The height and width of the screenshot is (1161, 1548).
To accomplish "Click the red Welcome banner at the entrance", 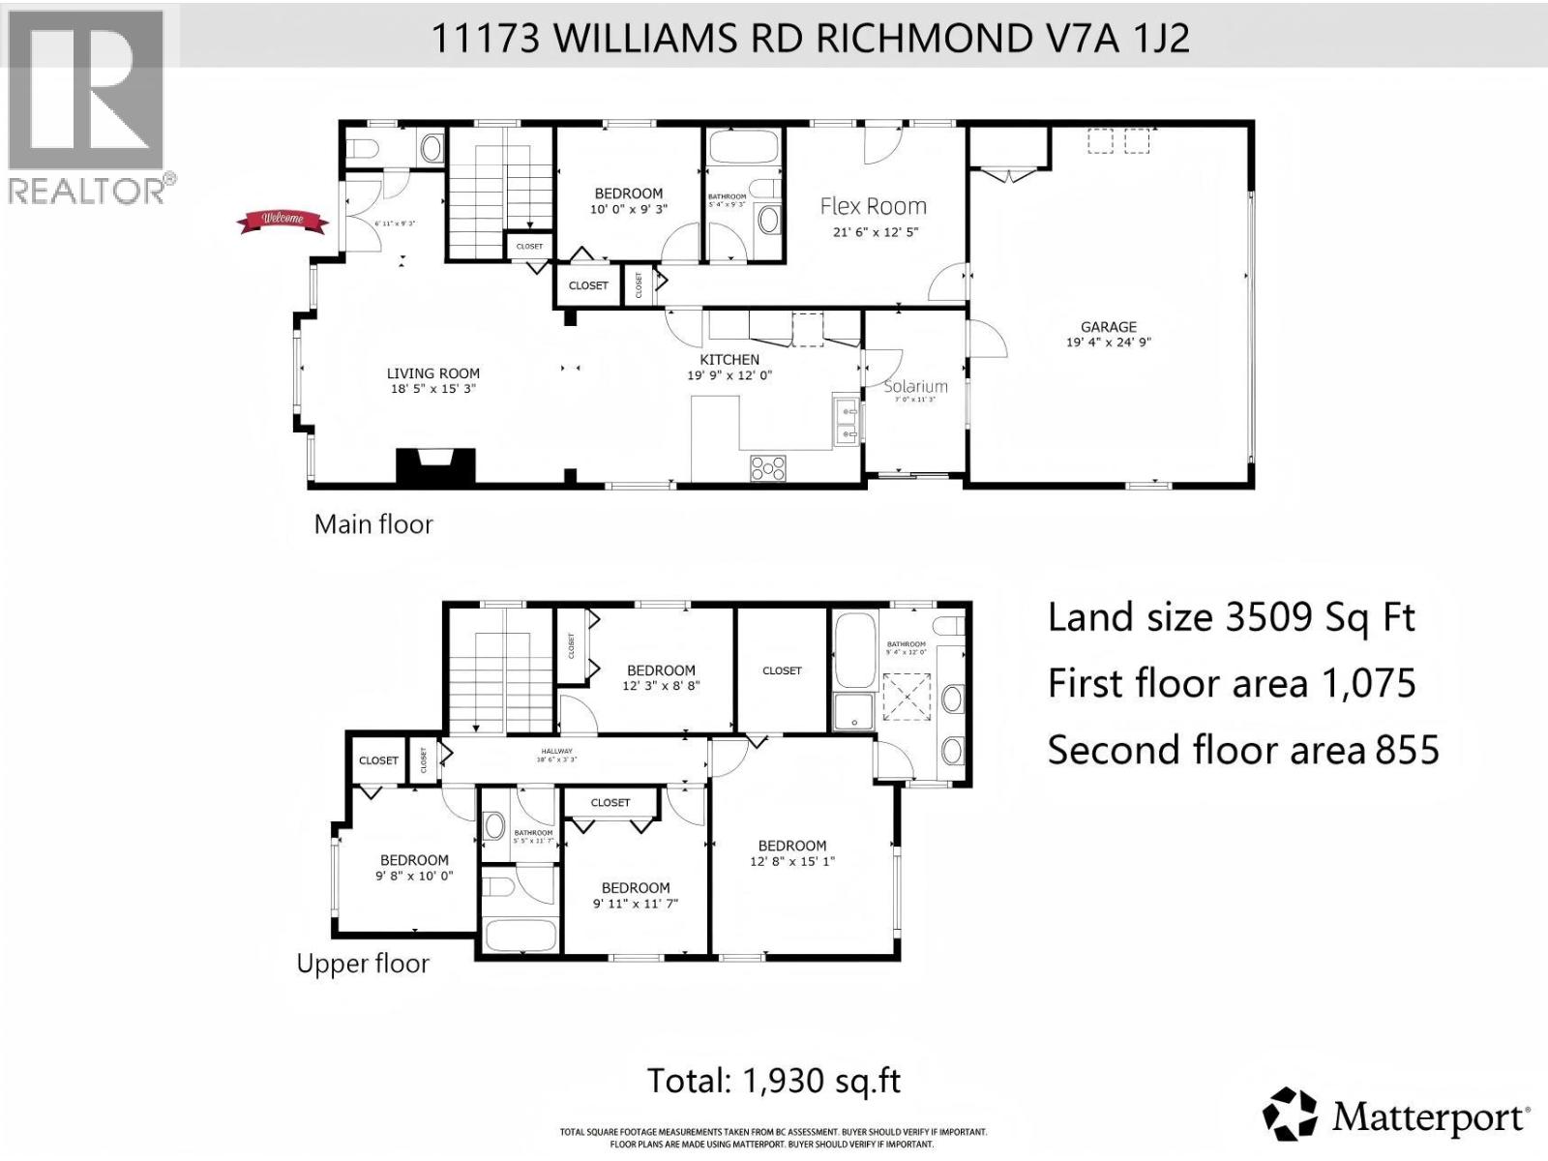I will pos(283,222).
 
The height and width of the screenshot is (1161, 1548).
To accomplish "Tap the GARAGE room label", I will pos(1109,327).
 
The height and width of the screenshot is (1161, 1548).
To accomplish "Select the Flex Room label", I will pos(873,206).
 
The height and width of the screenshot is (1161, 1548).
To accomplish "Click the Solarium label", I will pos(915,386).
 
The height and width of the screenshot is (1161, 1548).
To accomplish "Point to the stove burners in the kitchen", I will pos(768,467).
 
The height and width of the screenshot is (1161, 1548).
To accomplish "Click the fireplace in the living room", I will pos(435,465).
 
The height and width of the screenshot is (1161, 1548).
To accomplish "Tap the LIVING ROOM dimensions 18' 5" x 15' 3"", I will pos(433,389).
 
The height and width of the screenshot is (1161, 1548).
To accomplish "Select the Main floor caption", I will pos(373,524).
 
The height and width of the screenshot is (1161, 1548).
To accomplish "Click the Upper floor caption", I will pos(363,964).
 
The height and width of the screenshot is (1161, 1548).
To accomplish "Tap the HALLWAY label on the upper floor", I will pos(557,751).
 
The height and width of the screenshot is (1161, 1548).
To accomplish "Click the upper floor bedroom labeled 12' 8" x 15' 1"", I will pos(792,853).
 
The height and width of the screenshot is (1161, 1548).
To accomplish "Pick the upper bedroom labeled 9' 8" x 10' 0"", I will pos(414,868).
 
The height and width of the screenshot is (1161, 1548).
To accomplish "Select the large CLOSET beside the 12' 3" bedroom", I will pos(782,670).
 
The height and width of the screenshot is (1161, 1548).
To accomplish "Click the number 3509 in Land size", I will pos(1279,617).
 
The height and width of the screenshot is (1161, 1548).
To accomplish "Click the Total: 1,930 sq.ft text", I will pos(774,1081).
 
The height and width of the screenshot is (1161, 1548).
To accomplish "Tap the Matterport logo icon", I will pos(1291,1116).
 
